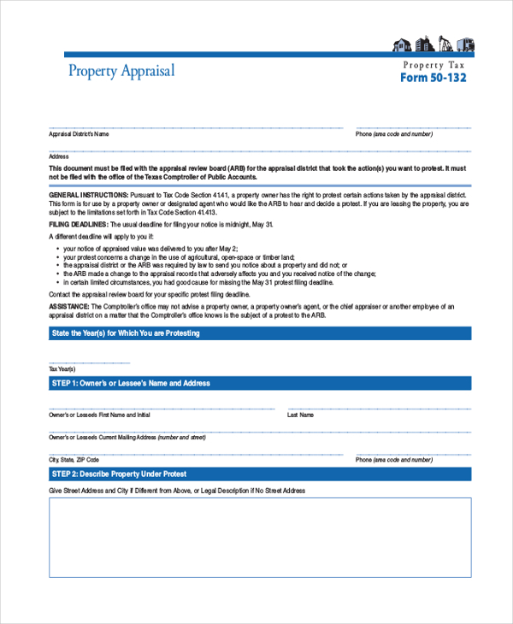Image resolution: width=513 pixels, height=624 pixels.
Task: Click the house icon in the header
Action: pyautogui.click(x=401, y=44)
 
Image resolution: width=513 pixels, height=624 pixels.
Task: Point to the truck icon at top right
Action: pyautogui.click(x=464, y=44)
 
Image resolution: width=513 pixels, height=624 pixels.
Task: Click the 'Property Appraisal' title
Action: pyautogui.click(x=121, y=71)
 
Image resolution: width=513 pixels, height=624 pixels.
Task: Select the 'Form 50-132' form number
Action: pyautogui.click(x=433, y=79)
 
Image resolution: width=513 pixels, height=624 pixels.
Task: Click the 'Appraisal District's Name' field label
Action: pyautogui.click(x=79, y=134)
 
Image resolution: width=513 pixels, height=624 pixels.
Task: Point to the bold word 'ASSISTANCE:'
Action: pyautogui.click(x=68, y=306)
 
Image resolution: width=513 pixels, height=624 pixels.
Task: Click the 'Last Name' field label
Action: pyautogui.click(x=300, y=415)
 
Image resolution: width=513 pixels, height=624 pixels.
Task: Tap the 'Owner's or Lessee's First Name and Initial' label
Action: pyautogui.click(x=99, y=415)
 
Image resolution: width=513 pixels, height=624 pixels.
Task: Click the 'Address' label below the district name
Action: pyautogui.click(x=59, y=156)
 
